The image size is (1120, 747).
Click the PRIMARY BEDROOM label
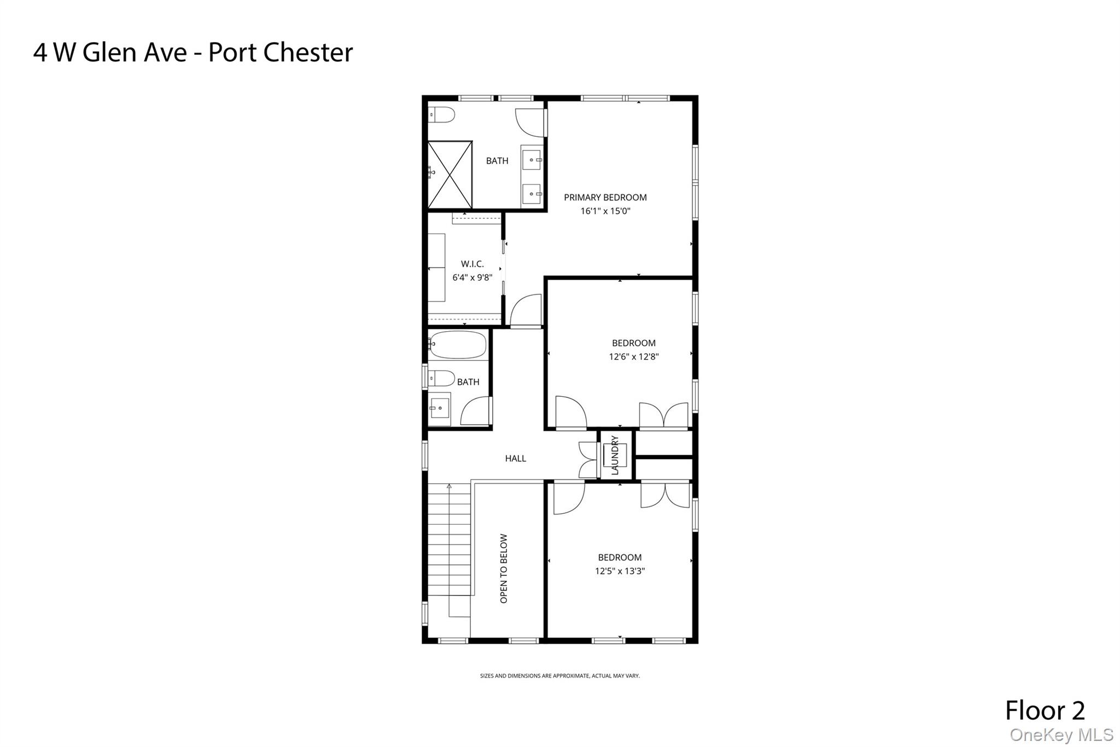(605, 198)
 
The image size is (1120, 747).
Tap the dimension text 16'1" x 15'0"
(605, 211)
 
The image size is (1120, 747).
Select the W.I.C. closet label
(472, 264)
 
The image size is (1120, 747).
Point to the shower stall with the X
(450, 175)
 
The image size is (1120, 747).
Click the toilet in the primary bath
(442, 115)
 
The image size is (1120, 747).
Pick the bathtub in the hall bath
(457, 344)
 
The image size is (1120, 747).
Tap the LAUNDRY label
(614, 455)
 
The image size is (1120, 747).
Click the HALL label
(515, 459)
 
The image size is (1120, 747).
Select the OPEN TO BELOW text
(504, 569)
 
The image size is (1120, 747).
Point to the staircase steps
(449, 542)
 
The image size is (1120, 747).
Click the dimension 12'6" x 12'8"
(633, 357)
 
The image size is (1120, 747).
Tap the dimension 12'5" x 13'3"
(620, 571)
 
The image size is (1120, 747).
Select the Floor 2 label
(1045, 710)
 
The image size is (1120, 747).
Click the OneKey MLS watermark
(1061, 735)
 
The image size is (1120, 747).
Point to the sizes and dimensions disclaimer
(559, 676)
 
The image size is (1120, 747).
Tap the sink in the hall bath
(439, 408)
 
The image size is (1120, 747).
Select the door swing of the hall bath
(475, 412)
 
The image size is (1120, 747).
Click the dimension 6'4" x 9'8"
(472, 277)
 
